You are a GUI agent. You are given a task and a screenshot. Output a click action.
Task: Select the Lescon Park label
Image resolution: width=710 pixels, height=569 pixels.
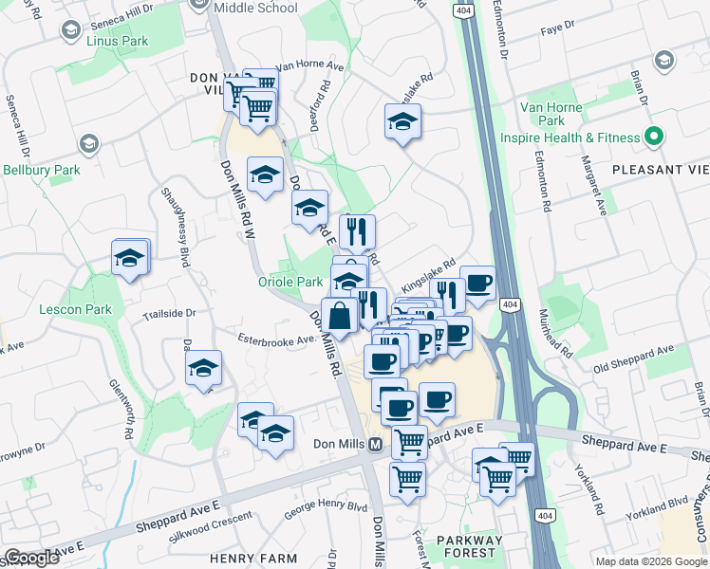coord(75,309)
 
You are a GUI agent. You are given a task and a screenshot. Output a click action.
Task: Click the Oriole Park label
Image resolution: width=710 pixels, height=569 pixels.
coord(290,282)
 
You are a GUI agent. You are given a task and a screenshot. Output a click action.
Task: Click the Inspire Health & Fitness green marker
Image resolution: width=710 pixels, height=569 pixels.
coord(653,138)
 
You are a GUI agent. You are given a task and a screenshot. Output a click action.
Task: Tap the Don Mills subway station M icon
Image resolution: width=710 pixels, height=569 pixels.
coord(376,445)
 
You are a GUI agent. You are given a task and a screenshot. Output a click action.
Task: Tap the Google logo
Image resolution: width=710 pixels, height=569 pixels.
coord(31,558)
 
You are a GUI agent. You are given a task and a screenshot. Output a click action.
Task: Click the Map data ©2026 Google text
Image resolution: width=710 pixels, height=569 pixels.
coord(650,561)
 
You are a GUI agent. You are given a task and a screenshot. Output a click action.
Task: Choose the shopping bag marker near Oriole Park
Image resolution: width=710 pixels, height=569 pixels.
coord(339,314)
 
